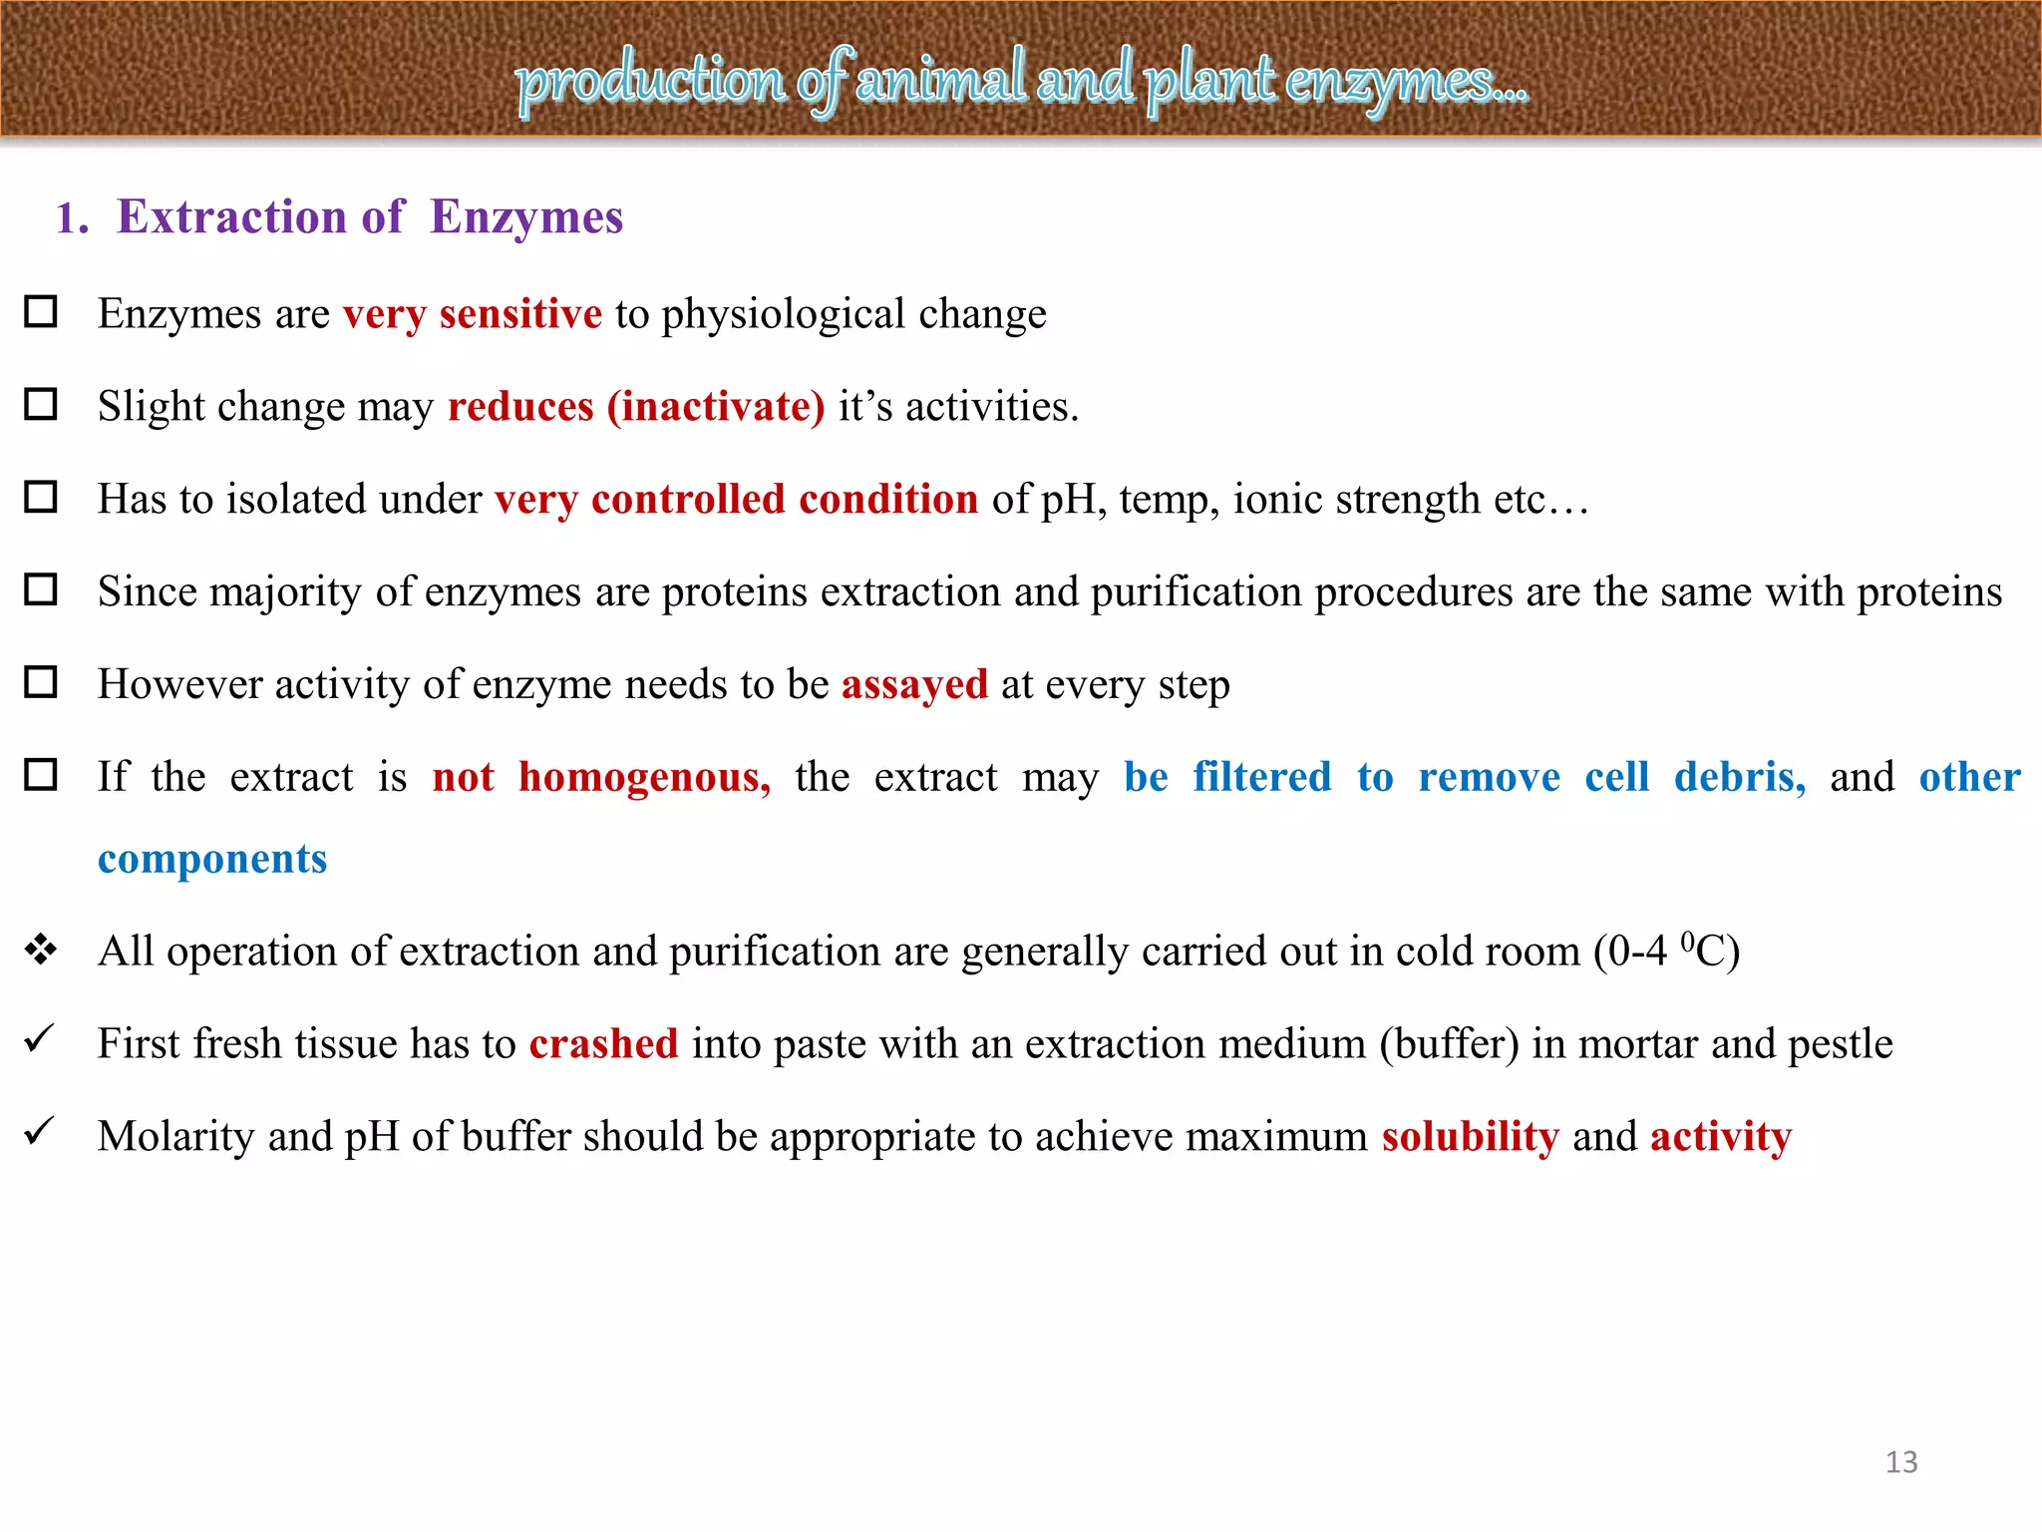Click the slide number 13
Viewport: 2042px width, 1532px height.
click(1900, 1462)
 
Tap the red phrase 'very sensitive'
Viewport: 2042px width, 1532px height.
click(473, 314)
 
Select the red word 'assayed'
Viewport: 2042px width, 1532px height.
click(914, 685)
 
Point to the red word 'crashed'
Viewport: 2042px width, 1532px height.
click(603, 1044)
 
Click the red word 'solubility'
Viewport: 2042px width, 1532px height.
click(1470, 1137)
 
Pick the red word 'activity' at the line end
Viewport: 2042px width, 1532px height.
click(1720, 1137)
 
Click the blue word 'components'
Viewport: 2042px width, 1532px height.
click(212, 859)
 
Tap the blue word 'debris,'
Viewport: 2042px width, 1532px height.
click(1739, 777)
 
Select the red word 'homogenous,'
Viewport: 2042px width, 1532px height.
click(644, 777)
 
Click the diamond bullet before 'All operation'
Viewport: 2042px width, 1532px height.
click(41, 950)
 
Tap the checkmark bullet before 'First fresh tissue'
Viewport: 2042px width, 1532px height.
click(39, 1040)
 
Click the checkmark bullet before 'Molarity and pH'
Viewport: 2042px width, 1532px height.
click(39, 1132)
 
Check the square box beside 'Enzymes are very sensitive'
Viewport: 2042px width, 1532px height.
click(41, 312)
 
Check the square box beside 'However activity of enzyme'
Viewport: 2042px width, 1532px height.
click(41, 683)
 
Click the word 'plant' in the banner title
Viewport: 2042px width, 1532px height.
click(1209, 80)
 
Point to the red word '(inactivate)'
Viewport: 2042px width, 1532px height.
click(716, 407)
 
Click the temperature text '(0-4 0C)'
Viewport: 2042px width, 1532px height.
click(1666, 952)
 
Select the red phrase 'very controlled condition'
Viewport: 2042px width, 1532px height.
click(736, 500)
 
